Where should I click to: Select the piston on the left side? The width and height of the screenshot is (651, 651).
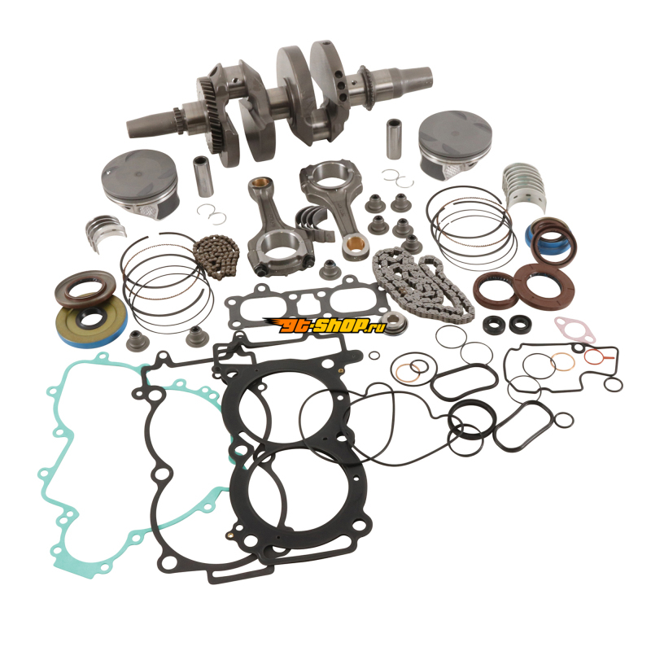pyautogui.click(x=140, y=182)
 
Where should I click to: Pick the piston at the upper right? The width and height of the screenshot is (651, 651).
pyautogui.click(x=456, y=142)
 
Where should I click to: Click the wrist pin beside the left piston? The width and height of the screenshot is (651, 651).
pyautogui.click(x=203, y=176)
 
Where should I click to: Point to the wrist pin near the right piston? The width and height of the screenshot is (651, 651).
pyautogui.click(x=394, y=139)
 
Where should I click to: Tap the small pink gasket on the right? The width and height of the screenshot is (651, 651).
pyautogui.click(x=575, y=330)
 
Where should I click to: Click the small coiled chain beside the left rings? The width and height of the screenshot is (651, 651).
pyautogui.click(x=216, y=256)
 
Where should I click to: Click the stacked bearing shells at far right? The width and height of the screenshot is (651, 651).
pyautogui.click(x=524, y=188)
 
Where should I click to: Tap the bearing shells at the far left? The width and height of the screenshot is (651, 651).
pyautogui.click(x=106, y=233)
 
